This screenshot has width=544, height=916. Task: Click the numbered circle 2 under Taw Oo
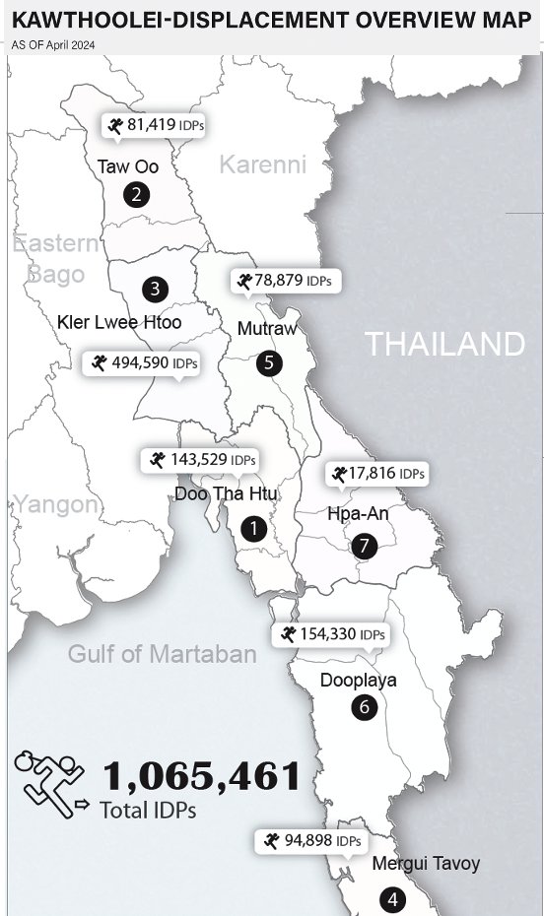coord(137,194)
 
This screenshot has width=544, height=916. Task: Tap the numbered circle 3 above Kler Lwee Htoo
coord(155,289)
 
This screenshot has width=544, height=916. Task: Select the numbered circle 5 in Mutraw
coord(269,362)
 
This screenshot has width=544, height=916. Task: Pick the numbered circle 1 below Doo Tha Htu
coord(253,528)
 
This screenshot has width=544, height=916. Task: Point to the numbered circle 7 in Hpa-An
coord(364,545)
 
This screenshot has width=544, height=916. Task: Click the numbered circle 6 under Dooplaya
coord(364,706)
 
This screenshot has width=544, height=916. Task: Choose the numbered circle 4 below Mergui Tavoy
coord(392,898)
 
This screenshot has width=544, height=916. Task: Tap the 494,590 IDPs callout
coord(144,363)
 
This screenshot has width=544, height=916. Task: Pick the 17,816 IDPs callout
coord(378,474)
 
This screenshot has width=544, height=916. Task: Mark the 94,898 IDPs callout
coord(310,841)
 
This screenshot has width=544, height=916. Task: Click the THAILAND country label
coord(444,344)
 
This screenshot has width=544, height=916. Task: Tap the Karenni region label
coord(262,164)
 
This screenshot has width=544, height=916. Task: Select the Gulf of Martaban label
coord(162,653)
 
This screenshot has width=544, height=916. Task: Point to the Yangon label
coord(56,505)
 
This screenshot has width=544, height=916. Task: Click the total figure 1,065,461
coord(201,776)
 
